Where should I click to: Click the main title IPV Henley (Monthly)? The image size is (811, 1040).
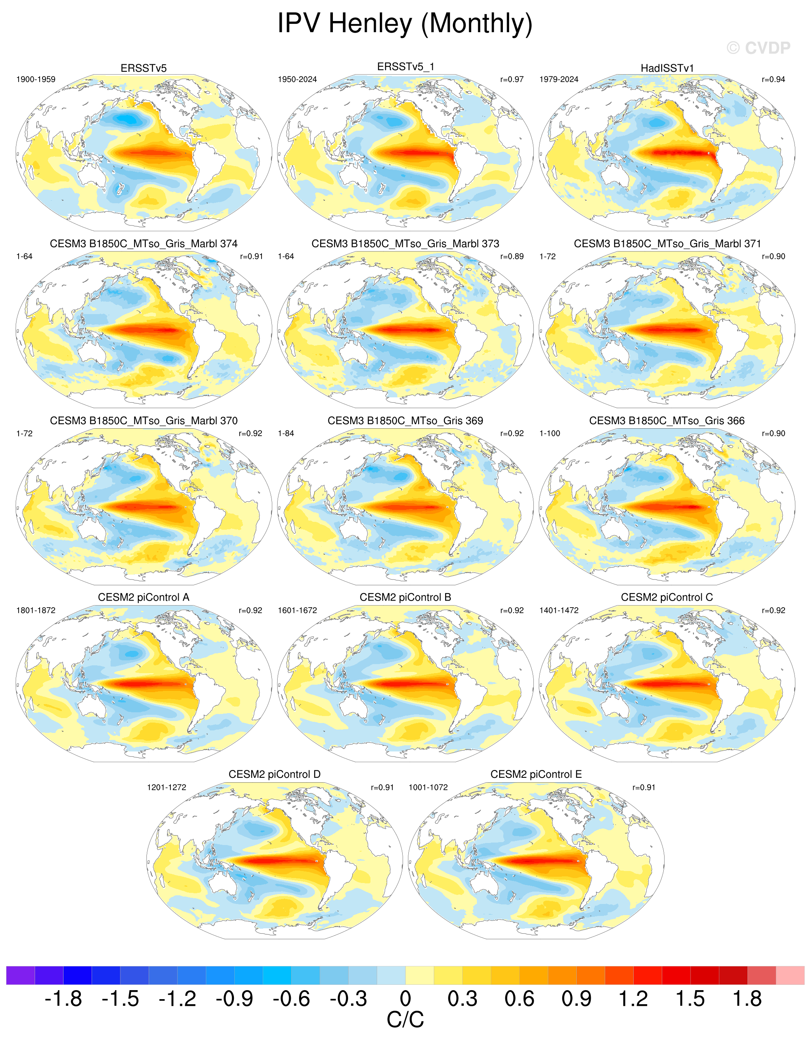(405, 23)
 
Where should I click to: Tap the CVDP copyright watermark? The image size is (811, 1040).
(759, 48)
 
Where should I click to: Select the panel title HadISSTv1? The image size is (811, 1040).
(667, 68)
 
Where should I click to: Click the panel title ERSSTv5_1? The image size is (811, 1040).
(405, 67)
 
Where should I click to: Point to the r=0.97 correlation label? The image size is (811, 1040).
(512, 80)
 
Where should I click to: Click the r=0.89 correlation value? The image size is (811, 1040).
(512, 256)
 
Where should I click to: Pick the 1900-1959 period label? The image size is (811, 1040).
(36, 80)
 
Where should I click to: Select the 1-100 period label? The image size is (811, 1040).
(550, 433)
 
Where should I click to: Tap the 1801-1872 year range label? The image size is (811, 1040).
(36, 610)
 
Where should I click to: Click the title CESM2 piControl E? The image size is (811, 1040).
(536, 774)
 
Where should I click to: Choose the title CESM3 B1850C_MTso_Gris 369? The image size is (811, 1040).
(405, 420)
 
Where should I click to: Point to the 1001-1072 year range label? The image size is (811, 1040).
(428, 787)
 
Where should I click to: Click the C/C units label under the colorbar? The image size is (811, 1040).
(405, 1020)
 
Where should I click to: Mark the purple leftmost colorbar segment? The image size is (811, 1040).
(21, 975)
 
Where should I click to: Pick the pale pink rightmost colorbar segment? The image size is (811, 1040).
(790, 975)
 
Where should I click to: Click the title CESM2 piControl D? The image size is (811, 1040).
(274, 774)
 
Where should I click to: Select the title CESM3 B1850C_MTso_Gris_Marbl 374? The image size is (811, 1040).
(144, 244)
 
